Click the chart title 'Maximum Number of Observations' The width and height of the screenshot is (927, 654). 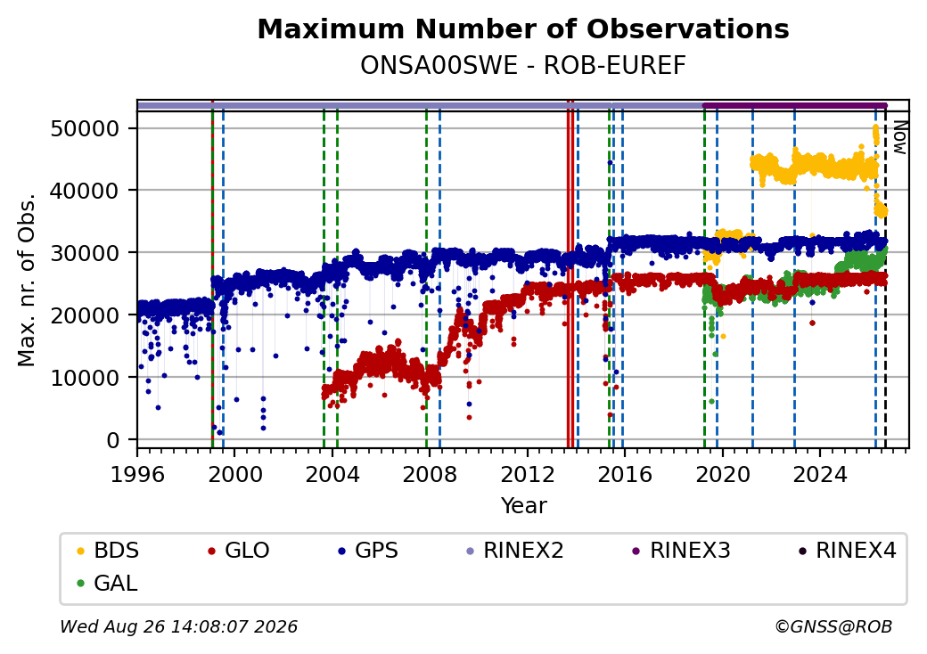click(523, 29)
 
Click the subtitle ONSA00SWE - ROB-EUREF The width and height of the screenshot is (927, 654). click(523, 66)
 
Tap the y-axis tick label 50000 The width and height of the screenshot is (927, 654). click(86, 128)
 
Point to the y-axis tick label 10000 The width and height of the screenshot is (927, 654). click(86, 378)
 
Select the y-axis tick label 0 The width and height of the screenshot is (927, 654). click(113, 440)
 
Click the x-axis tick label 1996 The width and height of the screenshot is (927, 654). click(137, 474)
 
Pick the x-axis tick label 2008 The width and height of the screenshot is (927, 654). click(430, 474)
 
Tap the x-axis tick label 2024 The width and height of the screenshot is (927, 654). click(819, 474)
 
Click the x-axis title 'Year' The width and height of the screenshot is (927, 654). click(524, 506)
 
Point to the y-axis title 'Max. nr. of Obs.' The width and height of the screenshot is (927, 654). click(27, 279)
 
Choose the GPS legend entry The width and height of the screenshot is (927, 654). click(368, 551)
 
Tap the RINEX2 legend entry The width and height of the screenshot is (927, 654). click(514, 551)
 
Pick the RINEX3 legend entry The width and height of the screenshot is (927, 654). click(681, 551)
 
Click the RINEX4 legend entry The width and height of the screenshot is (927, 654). click(847, 551)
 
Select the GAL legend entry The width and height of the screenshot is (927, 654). click(107, 583)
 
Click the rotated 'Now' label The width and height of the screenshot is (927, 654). click(899, 137)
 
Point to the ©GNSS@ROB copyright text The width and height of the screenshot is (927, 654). click(833, 626)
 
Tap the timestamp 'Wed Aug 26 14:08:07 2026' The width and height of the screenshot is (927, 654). click(179, 626)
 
